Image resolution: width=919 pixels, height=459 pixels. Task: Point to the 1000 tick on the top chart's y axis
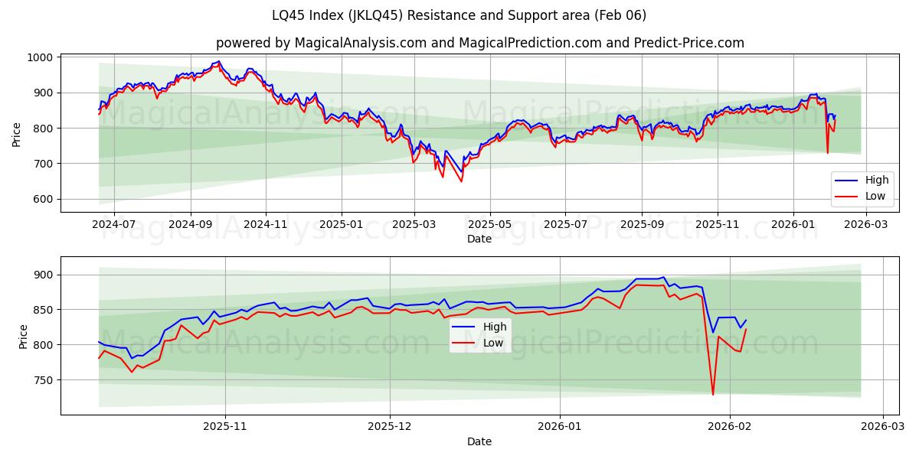point(39,57)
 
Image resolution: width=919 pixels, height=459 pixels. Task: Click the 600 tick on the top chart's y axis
point(42,199)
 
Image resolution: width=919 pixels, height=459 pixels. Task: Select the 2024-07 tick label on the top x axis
point(114,225)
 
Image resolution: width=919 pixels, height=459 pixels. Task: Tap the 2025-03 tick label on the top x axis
point(414,225)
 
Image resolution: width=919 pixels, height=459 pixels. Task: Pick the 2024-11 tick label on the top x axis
point(265,225)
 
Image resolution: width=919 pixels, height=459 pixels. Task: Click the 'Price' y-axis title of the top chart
point(17,135)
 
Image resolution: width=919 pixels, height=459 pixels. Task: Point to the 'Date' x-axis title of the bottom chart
point(479,441)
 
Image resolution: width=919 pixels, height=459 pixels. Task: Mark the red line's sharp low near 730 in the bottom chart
point(713,395)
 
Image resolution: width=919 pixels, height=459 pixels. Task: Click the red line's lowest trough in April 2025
point(461,181)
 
